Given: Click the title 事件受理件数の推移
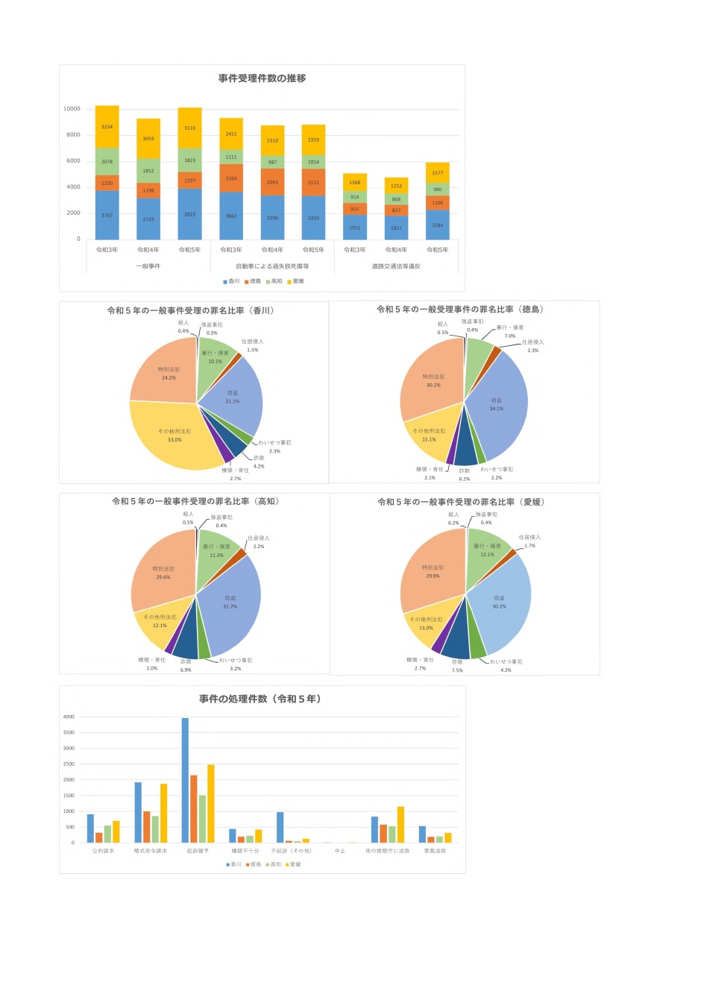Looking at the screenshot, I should (262, 78).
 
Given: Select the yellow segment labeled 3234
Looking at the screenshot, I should (107, 127).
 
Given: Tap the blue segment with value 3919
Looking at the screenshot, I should (189, 214).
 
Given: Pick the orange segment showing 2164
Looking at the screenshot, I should (231, 178).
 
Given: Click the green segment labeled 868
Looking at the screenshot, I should (396, 199).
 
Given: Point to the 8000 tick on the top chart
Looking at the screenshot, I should (73, 135).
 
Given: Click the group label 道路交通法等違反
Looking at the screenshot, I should (396, 266).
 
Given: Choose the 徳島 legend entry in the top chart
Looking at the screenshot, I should (252, 281).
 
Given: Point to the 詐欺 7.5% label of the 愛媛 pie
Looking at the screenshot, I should (457, 665).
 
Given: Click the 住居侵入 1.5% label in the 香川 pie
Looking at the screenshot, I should (252, 345).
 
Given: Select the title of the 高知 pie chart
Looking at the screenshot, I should (195, 501).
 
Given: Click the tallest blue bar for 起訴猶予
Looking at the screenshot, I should (185, 780).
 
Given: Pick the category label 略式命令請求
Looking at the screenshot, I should (151, 851).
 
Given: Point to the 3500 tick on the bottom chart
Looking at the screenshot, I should (69, 733).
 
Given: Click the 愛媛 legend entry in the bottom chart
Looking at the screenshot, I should (293, 864).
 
